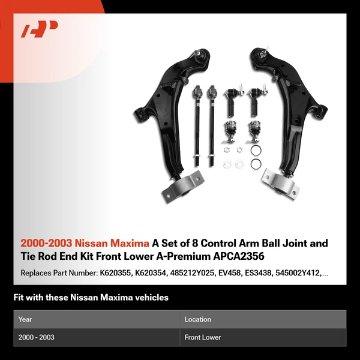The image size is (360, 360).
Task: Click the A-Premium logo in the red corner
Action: tap(40, 29)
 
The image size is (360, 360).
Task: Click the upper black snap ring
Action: tap(256, 151)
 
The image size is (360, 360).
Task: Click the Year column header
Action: tap(25, 320)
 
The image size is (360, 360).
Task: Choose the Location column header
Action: tap(198, 320)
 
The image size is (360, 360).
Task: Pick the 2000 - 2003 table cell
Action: tap(37, 338)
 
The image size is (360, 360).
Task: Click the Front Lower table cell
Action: tap(203, 338)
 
